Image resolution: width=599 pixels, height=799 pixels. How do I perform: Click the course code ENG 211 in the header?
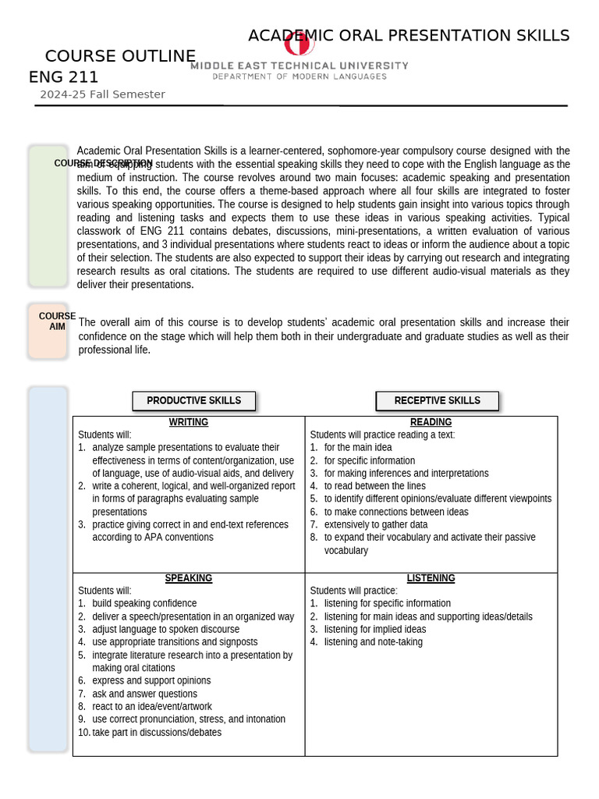pyautogui.click(x=63, y=76)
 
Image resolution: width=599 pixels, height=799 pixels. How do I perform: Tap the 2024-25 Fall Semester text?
pyautogui.click(x=102, y=94)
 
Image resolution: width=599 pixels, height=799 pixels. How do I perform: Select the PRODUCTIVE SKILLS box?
pyautogui.click(x=193, y=400)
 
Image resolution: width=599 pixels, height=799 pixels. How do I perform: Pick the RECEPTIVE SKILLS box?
pyautogui.click(x=437, y=400)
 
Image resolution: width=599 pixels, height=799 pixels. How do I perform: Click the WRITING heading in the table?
pyautogui.click(x=189, y=422)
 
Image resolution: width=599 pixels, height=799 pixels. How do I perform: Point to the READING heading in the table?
pyautogui.click(x=431, y=422)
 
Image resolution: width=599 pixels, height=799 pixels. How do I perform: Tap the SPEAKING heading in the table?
pyautogui.click(x=189, y=578)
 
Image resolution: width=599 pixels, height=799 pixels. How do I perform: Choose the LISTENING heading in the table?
pyautogui.click(x=431, y=578)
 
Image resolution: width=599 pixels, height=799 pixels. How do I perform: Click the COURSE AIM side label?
pyautogui.click(x=57, y=321)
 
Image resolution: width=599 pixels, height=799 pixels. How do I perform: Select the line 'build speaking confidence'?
pyautogui.click(x=144, y=603)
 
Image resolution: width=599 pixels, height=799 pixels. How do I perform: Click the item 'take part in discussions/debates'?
pyautogui.click(x=156, y=732)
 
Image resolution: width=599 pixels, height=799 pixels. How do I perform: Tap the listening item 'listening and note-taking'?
pyautogui.click(x=373, y=642)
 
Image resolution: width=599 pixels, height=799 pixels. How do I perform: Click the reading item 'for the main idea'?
pyautogui.click(x=357, y=448)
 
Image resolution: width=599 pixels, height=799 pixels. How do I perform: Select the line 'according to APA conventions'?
pyautogui.click(x=152, y=538)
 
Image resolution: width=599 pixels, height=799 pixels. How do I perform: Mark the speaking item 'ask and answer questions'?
pyautogui.click(x=144, y=694)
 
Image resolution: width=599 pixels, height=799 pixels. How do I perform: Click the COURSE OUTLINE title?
pyautogui.click(x=120, y=56)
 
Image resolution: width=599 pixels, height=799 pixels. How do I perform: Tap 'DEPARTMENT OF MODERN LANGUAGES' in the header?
pyautogui.click(x=299, y=76)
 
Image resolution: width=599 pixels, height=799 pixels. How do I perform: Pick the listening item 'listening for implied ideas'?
pyautogui.click(x=374, y=629)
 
